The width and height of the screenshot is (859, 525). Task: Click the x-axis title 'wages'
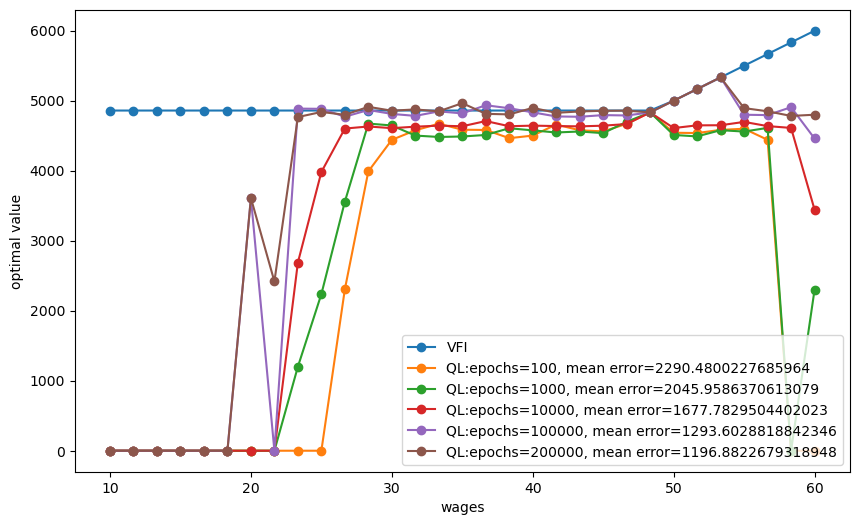463,508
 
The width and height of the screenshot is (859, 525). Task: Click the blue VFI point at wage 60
815,31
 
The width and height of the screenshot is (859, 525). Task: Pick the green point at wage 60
815,290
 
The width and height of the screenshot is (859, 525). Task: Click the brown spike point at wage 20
251,198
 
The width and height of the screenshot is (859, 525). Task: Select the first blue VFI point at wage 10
110,111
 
